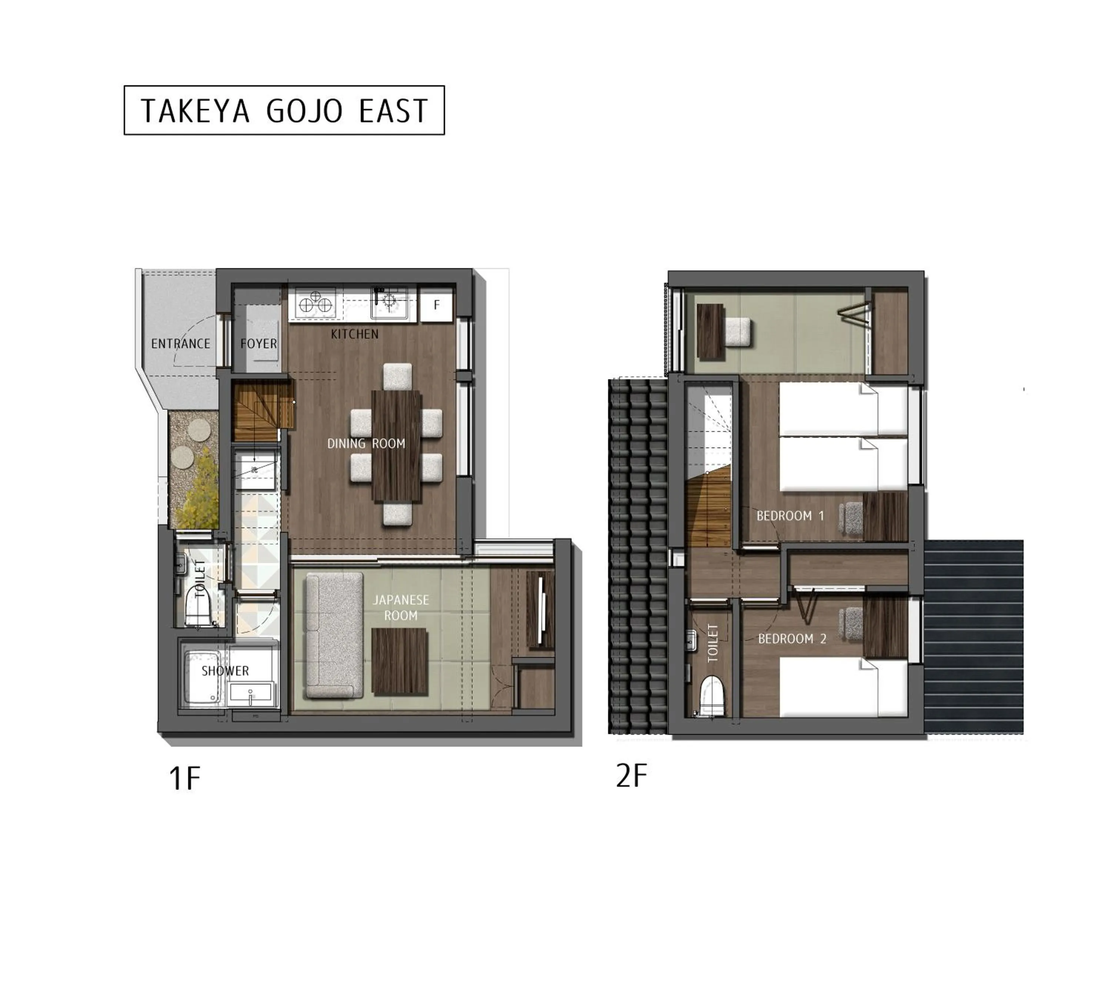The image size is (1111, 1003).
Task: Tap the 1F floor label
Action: [185, 779]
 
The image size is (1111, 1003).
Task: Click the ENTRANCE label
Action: [181, 344]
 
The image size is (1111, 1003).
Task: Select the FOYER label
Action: [258, 344]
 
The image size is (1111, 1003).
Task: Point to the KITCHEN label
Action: [354, 334]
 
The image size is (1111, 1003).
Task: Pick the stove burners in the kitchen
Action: [315, 303]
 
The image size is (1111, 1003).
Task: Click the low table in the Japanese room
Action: [400, 661]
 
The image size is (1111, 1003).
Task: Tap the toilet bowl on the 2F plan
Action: [711, 696]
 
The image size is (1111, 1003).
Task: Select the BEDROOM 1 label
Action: [790, 516]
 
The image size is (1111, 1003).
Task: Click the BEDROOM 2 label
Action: [792, 639]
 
